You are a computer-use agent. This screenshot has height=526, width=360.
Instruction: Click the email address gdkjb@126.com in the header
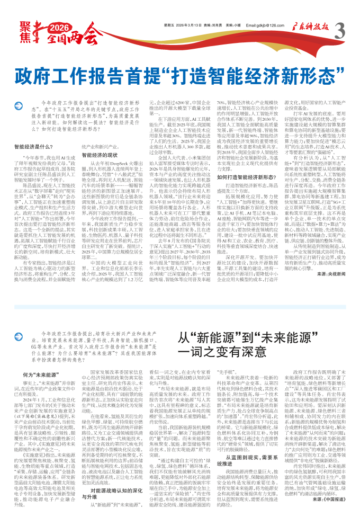point(265,25)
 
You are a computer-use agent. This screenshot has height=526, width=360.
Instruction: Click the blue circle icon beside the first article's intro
point(20,108)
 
